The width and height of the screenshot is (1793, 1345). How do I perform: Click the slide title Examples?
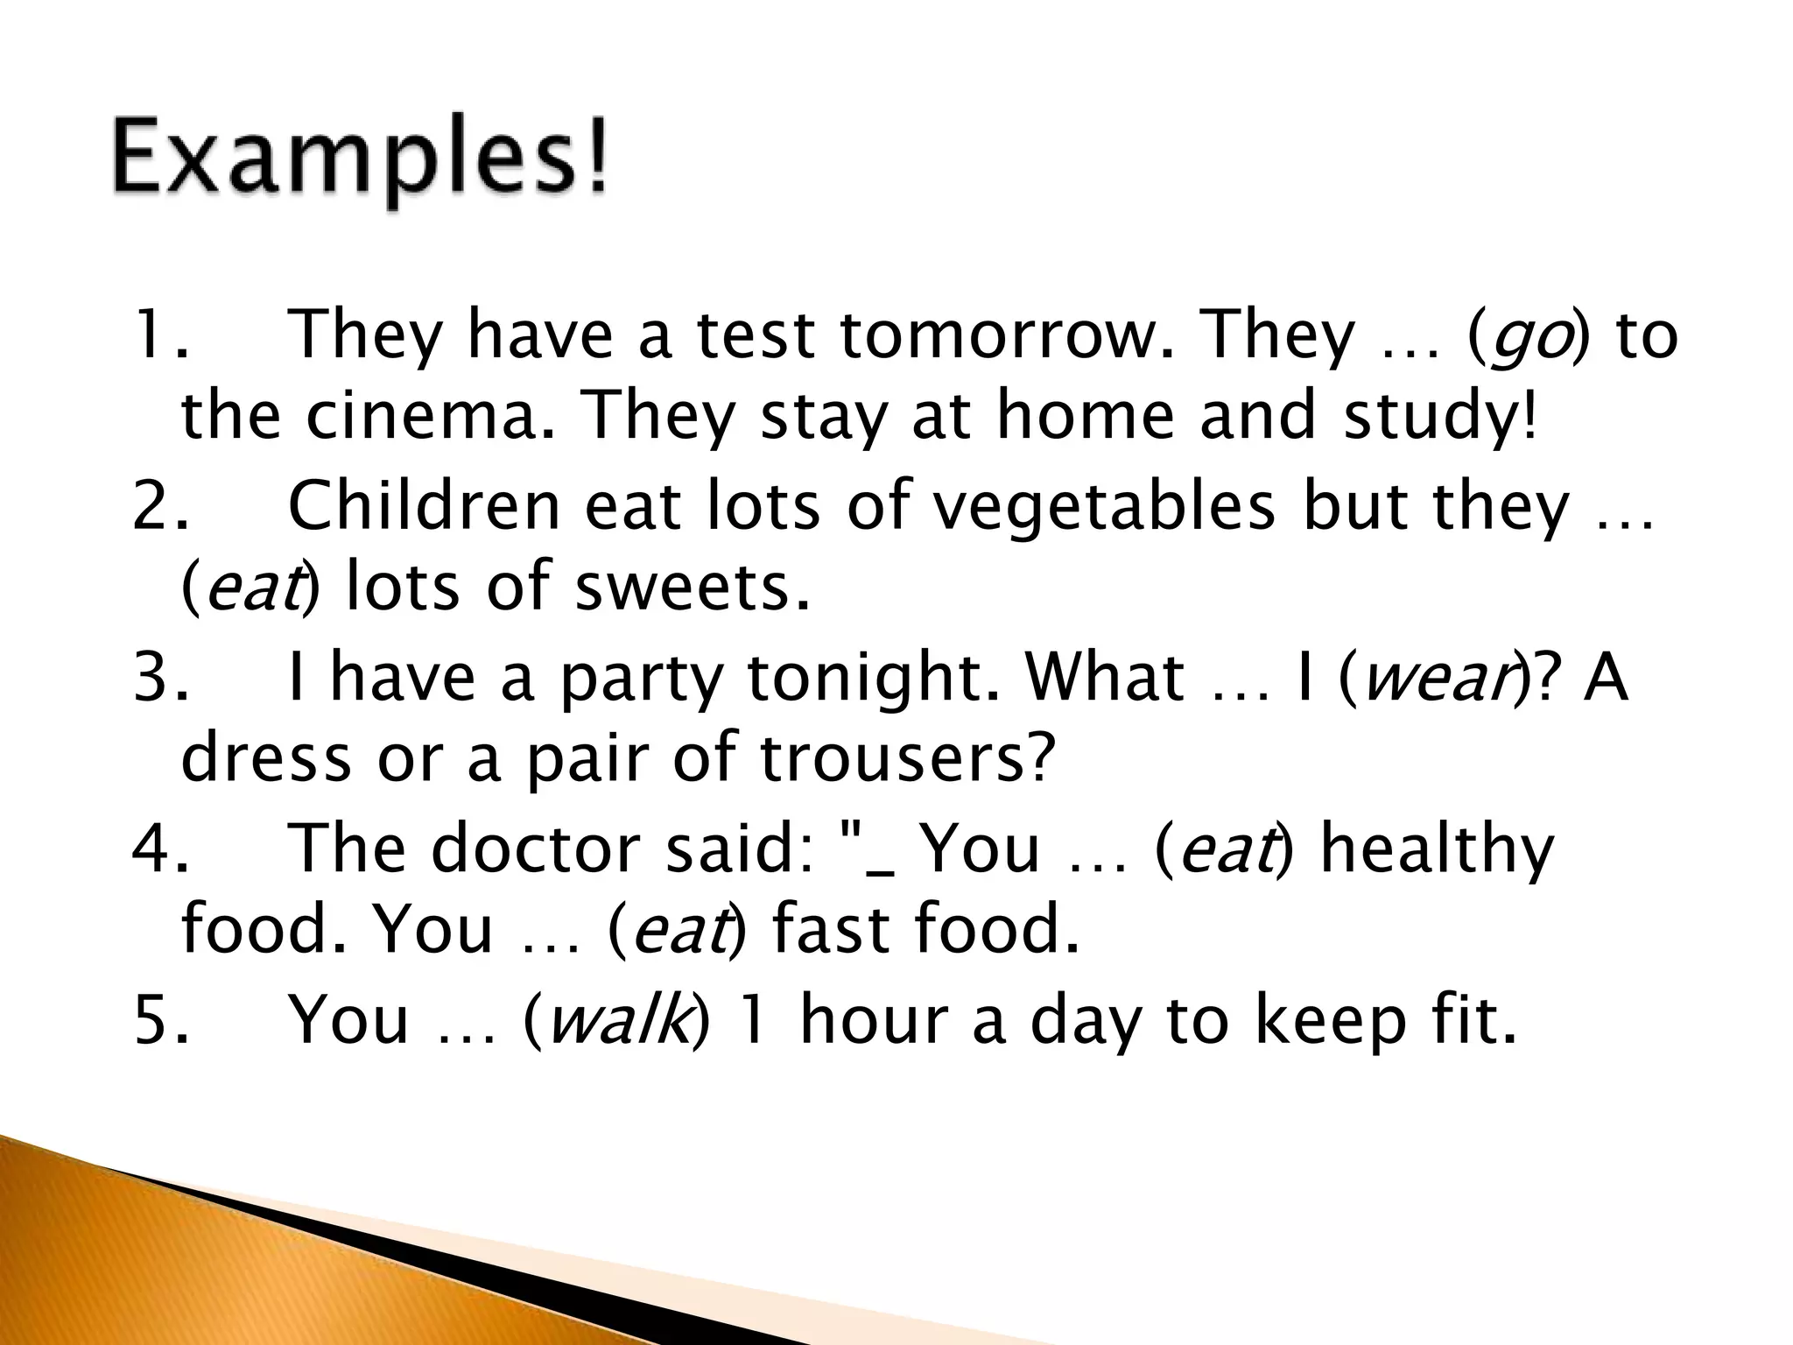[x=359, y=159]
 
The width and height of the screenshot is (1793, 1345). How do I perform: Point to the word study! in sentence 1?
[x=1440, y=417]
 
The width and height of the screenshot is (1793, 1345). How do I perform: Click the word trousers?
[x=903, y=758]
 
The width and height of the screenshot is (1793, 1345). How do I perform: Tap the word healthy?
[x=1436, y=848]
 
